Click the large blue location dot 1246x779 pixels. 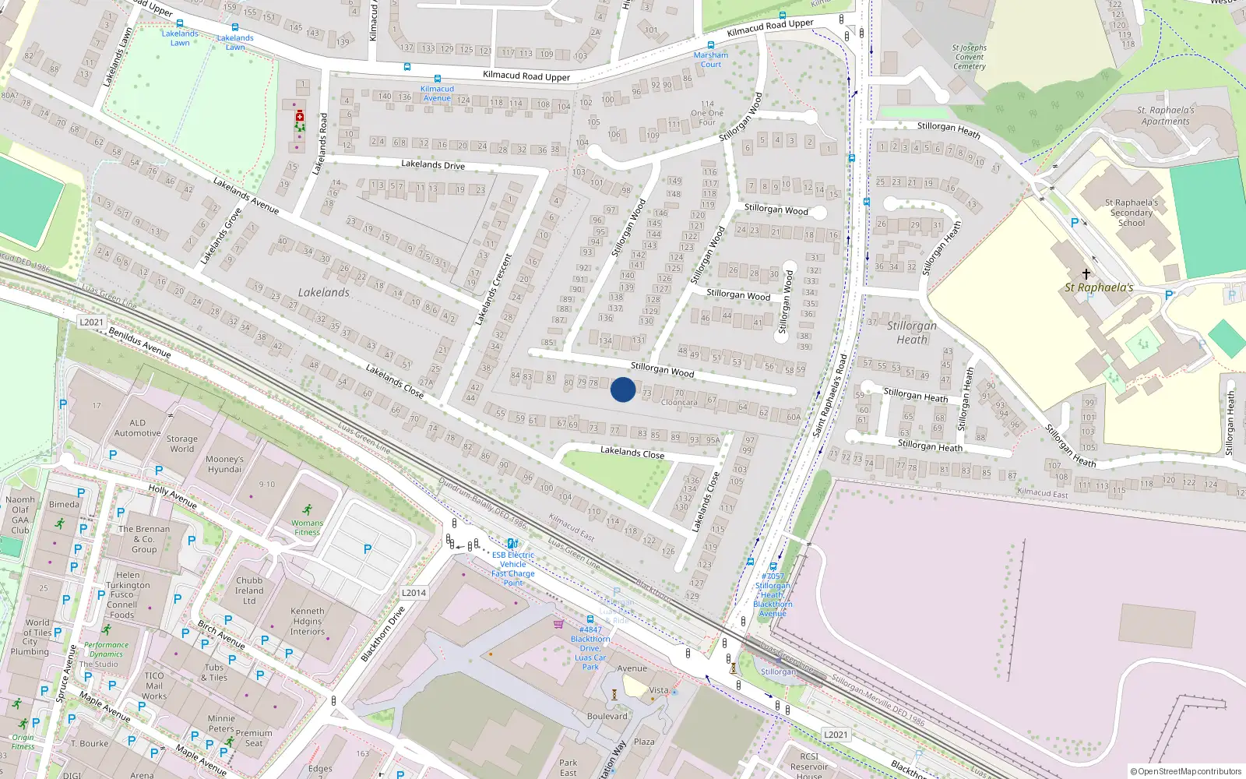click(623, 389)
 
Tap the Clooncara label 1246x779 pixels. click(679, 403)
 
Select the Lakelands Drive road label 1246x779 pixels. click(433, 165)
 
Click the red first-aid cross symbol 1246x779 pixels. click(300, 117)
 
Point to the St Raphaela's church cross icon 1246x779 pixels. click(1086, 274)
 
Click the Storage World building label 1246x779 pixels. click(181, 444)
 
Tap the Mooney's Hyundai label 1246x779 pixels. click(225, 464)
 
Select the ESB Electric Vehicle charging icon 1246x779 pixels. click(512, 544)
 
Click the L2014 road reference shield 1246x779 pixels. click(414, 593)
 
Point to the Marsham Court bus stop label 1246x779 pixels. click(711, 59)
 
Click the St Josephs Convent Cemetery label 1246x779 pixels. click(970, 57)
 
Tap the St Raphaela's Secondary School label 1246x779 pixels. click(1132, 213)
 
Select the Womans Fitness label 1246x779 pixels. click(308, 527)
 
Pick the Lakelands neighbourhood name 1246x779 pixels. click(324, 293)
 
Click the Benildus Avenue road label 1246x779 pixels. click(140, 343)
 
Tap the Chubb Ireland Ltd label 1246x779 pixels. click(249, 590)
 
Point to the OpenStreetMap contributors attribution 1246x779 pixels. click(1185, 771)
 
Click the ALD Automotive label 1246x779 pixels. click(138, 428)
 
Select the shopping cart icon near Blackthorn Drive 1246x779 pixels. click(558, 623)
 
